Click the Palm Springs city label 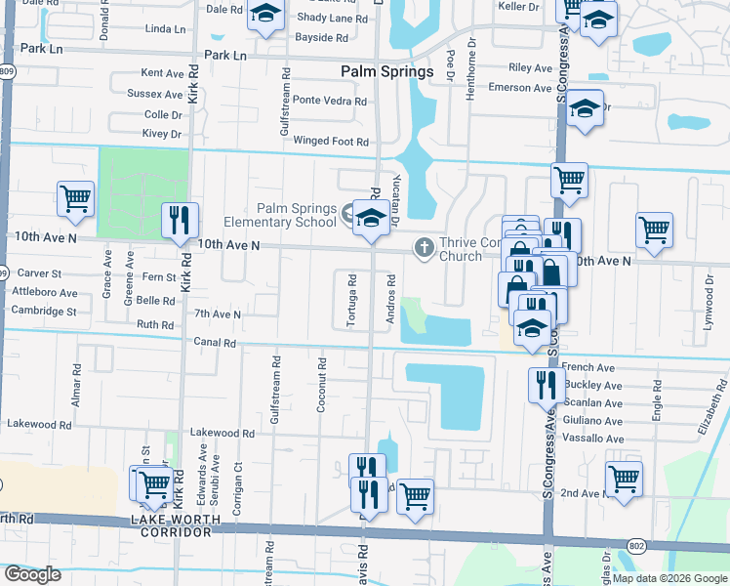click(x=387, y=72)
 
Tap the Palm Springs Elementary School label click(x=297, y=215)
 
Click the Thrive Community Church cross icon click(x=424, y=248)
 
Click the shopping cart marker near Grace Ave click(x=75, y=198)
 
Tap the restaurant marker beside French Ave click(x=546, y=384)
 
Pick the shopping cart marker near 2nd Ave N click(x=624, y=479)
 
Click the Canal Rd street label click(x=215, y=343)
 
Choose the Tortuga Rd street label click(x=351, y=300)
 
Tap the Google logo click(x=32, y=574)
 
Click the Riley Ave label click(x=531, y=68)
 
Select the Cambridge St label click(x=44, y=312)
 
